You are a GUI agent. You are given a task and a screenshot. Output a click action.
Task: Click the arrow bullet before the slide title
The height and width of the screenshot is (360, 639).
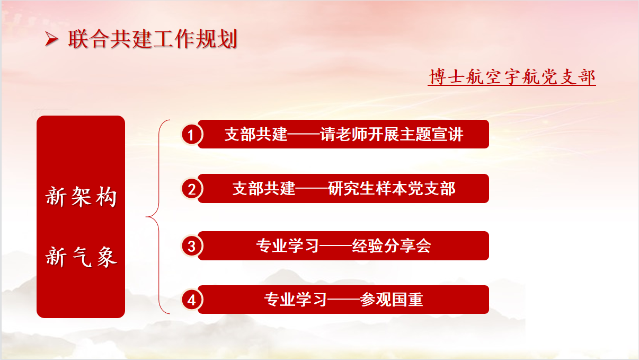(51, 39)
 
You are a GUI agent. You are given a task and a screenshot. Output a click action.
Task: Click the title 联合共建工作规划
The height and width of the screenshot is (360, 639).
(153, 39)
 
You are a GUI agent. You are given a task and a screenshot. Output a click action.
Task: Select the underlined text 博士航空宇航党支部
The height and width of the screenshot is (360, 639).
(512, 76)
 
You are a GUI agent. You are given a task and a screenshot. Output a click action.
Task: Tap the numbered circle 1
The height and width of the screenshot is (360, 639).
(192, 135)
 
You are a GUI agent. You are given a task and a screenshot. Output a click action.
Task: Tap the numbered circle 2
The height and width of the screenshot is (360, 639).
(192, 189)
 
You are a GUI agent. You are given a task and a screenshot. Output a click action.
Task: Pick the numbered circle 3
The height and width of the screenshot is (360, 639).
(192, 246)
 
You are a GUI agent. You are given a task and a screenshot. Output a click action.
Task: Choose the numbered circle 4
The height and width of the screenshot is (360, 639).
(192, 300)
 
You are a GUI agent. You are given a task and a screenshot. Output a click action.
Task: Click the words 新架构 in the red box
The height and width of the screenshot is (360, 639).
(81, 196)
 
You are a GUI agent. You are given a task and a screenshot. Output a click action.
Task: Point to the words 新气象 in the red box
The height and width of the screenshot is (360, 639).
(81, 257)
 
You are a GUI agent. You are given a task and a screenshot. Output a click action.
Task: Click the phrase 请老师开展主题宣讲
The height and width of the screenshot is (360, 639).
(392, 134)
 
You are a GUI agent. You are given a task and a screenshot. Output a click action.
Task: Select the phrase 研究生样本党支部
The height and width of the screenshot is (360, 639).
(392, 188)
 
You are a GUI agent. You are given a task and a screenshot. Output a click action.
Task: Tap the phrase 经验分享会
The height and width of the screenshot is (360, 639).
(392, 245)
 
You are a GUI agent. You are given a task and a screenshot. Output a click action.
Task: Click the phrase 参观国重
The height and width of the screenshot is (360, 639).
(392, 300)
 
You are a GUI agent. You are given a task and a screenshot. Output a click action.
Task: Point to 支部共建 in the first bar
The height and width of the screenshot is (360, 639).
(256, 134)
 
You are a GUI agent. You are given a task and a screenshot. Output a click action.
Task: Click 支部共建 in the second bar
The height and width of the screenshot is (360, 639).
(264, 188)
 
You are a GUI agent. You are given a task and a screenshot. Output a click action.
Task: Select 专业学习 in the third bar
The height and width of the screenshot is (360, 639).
(288, 245)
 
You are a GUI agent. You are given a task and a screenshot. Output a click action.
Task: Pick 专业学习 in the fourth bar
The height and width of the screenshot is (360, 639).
(296, 300)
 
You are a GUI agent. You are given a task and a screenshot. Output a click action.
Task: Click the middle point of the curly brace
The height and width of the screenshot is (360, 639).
(147, 217)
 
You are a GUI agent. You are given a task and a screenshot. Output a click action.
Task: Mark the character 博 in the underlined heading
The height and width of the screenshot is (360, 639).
(437, 76)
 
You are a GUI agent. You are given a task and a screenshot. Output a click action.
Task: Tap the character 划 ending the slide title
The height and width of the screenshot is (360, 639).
(227, 39)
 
